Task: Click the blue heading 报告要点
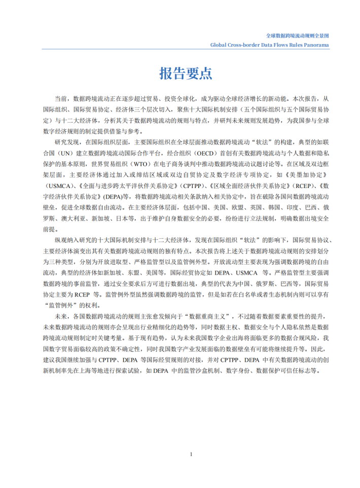pyautogui.click(x=186, y=73)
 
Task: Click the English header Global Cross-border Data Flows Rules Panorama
pyautogui.click(x=270, y=45)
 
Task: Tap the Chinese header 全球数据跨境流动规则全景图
pyautogui.click(x=298, y=36)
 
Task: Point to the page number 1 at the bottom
pyautogui.click(x=191, y=454)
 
